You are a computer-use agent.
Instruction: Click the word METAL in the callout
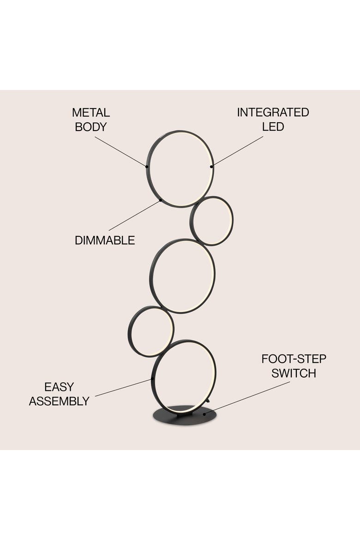point(91,113)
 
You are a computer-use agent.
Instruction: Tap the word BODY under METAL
point(91,127)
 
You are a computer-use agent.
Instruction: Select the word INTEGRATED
point(273,112)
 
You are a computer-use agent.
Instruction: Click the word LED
point(273,126)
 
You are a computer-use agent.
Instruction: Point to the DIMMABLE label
point(105,240)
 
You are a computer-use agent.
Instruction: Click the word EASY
point(59,387)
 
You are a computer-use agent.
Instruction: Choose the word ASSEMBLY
point(59,401)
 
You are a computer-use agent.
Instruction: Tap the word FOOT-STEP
point(294,359)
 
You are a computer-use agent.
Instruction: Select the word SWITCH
point(294,373)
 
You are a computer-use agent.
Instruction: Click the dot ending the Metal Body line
point(147,166)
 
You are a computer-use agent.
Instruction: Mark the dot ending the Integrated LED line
point(211,167)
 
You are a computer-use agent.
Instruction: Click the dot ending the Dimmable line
point(160,200)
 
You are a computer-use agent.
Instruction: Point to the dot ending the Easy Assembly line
point(152,379)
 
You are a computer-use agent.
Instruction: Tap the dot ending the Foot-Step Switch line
point(204,414)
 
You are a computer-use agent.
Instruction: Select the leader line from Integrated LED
point(237,151)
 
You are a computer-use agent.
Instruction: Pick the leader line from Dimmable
point(135,215)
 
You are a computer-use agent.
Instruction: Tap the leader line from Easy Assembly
point(124,388)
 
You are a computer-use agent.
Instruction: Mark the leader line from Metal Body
point(121,151)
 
